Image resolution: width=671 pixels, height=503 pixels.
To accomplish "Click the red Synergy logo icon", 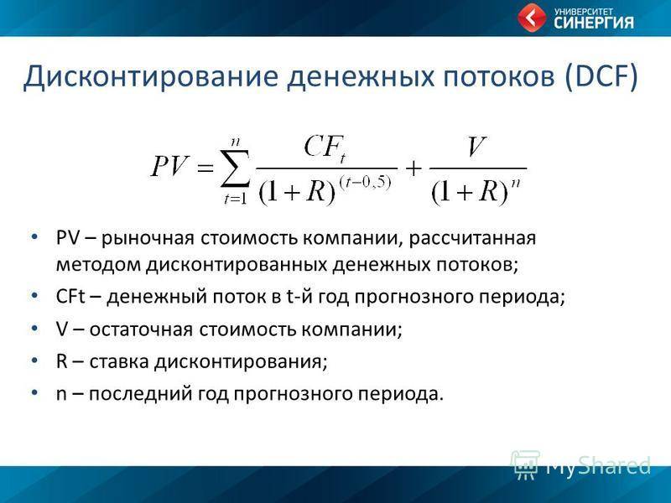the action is click(x=532, y=18).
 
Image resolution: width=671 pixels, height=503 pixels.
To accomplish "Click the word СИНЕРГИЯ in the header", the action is click(x=594, y=23).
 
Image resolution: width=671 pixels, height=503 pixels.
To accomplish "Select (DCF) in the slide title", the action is click(x=601, y=77).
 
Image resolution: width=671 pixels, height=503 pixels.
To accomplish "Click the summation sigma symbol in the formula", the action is click(x=235, y=169).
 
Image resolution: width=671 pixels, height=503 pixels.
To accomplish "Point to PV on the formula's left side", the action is click(x=169, y=166).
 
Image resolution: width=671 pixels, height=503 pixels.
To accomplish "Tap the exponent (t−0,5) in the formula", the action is click(x=365, y=183).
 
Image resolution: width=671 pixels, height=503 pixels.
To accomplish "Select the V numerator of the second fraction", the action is click(x=476, y=147).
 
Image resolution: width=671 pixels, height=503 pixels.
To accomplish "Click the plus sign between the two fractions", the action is click(x=414, y=169).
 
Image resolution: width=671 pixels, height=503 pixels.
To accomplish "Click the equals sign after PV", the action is click(x=205, y=167).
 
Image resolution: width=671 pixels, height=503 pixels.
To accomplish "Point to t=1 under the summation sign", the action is click(x=236, y=199).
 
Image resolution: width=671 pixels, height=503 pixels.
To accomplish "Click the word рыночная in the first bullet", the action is click(x=148, y=238).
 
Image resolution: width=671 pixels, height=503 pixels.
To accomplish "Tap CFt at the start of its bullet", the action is click(x=71, y=297).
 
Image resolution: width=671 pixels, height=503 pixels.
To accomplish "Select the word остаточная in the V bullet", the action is click(x=141, y=329).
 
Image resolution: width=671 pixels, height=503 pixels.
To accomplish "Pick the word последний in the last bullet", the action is click(x=141, y=394).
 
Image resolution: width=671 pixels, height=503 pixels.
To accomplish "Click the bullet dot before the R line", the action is click(x=35, y=361).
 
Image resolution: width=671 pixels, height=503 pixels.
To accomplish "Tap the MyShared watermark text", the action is click(x=598, y=465).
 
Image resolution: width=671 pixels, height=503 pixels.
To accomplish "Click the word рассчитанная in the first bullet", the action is click(x=472, y=239).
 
